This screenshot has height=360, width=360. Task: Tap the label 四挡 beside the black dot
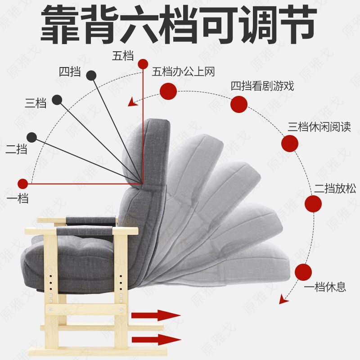[70, 72]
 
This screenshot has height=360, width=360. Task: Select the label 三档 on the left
[36, 103]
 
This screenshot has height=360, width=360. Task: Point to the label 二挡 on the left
[16, 149]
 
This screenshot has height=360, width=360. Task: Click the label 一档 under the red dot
[18, 198]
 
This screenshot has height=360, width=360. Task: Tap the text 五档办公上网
[183, 72]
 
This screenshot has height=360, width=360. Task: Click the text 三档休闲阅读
[319, 127]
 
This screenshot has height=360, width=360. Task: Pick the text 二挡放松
[335, 189]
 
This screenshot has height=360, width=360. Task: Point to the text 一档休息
[324, 287]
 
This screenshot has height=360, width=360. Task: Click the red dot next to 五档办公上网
[168, 91]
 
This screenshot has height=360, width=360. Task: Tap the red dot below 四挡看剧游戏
[239, 104]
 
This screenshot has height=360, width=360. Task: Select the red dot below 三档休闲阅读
[289, 144]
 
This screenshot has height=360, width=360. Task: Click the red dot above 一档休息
[304, 272]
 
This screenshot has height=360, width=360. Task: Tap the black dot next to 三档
[57, 99]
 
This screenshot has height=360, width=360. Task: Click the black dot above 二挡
[31, 137]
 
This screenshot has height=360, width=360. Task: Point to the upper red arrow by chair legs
[156, 315]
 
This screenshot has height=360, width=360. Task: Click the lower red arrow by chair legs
[156, 339]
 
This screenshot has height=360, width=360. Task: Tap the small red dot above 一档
[22, 184]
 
